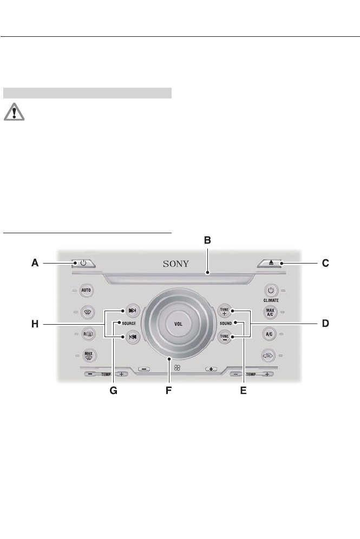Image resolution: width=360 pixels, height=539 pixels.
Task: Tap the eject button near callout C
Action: coord(270,264)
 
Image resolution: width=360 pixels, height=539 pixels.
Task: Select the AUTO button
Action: coord(86,291)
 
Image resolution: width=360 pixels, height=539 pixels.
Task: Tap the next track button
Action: coord(132,311)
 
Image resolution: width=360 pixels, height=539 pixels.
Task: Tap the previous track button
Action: coord(132,336)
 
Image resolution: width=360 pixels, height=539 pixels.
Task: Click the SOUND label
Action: coord(226,324)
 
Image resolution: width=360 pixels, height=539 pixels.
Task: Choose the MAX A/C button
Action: coord(270,311)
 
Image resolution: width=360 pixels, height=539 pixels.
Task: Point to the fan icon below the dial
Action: coord(176,369)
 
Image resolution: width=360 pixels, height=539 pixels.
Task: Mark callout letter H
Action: coord(35,324)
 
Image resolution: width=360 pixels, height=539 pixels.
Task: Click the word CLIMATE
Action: coord(271,299)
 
